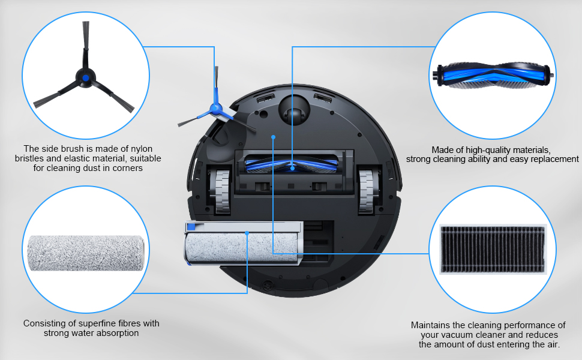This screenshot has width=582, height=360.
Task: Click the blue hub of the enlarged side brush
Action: tap(86, 78)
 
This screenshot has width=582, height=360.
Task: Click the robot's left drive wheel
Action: tap(220, 191)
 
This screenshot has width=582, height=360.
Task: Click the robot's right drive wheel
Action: tap(367, 191)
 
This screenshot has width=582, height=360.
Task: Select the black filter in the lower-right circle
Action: tap(493, 250)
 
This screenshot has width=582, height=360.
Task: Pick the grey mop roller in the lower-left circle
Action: tap(86, 253)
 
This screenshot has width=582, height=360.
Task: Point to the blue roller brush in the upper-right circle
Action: tap(494, 76)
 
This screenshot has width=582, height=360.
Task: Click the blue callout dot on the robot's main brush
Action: tap(292, 169)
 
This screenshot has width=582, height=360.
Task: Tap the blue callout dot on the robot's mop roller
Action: tap(247, 233)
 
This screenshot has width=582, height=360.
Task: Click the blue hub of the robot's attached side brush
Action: tap(215, 109)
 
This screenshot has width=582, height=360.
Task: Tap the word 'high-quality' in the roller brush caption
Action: tap(485, 150)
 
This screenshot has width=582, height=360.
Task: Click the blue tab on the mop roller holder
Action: tap(191, 226)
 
